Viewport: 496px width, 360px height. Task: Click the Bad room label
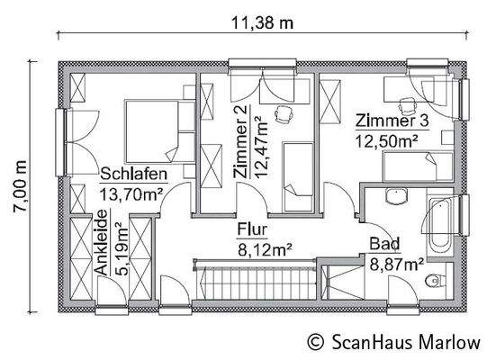pyautogui.click(x=384, y=243)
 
